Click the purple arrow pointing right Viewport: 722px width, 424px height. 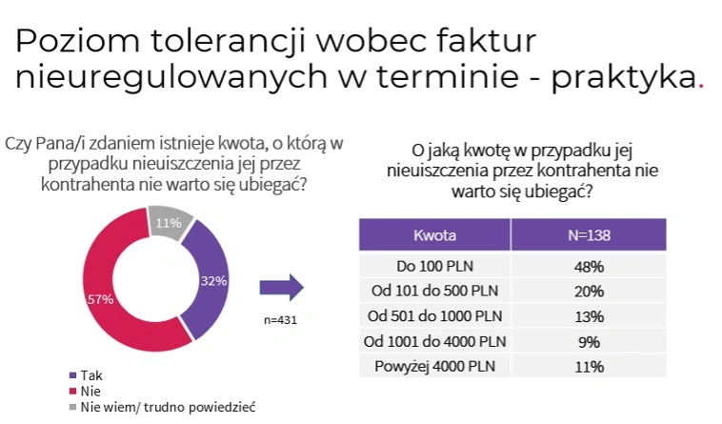[281, 288]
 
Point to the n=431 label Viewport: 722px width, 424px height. [280, 320]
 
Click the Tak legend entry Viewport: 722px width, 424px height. [86, 375]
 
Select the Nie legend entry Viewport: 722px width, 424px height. [85, 392]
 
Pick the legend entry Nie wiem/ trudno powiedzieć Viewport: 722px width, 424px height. [162, 408]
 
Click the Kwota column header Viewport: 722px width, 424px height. [434, 235]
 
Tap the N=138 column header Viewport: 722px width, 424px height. [589, 235]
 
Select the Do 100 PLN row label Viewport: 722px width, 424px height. [434, 266]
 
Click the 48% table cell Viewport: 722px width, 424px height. [589, 267]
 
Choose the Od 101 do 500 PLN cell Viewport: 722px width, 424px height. [434, 291]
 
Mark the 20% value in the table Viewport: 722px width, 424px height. [589, 292]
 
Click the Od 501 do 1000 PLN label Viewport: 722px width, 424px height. [434, 316]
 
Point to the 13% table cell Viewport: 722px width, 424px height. [589, 316]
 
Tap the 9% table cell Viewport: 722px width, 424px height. [589, 342]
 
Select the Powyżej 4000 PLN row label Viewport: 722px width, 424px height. [434, 367]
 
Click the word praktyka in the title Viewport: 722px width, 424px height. [624, 78]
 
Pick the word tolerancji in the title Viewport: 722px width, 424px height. [229, 41]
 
